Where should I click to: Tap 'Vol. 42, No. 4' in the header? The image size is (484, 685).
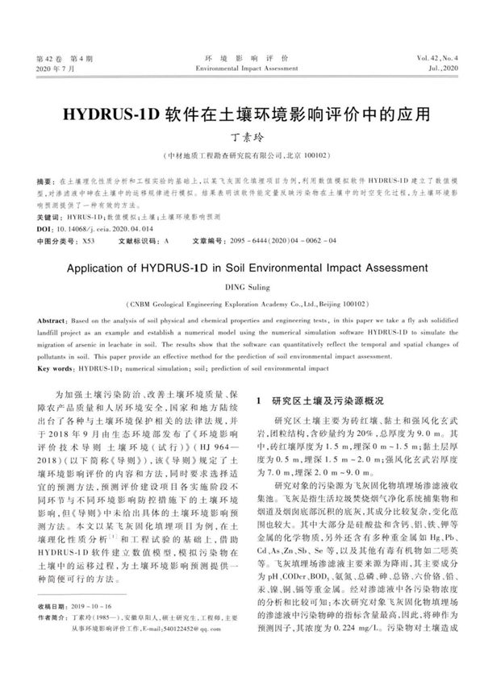point(438,60)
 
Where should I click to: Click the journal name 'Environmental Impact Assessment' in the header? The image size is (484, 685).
point(242,69)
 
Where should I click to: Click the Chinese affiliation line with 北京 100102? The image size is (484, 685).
point(242,154)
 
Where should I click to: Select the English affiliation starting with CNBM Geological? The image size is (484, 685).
point(242,304)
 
